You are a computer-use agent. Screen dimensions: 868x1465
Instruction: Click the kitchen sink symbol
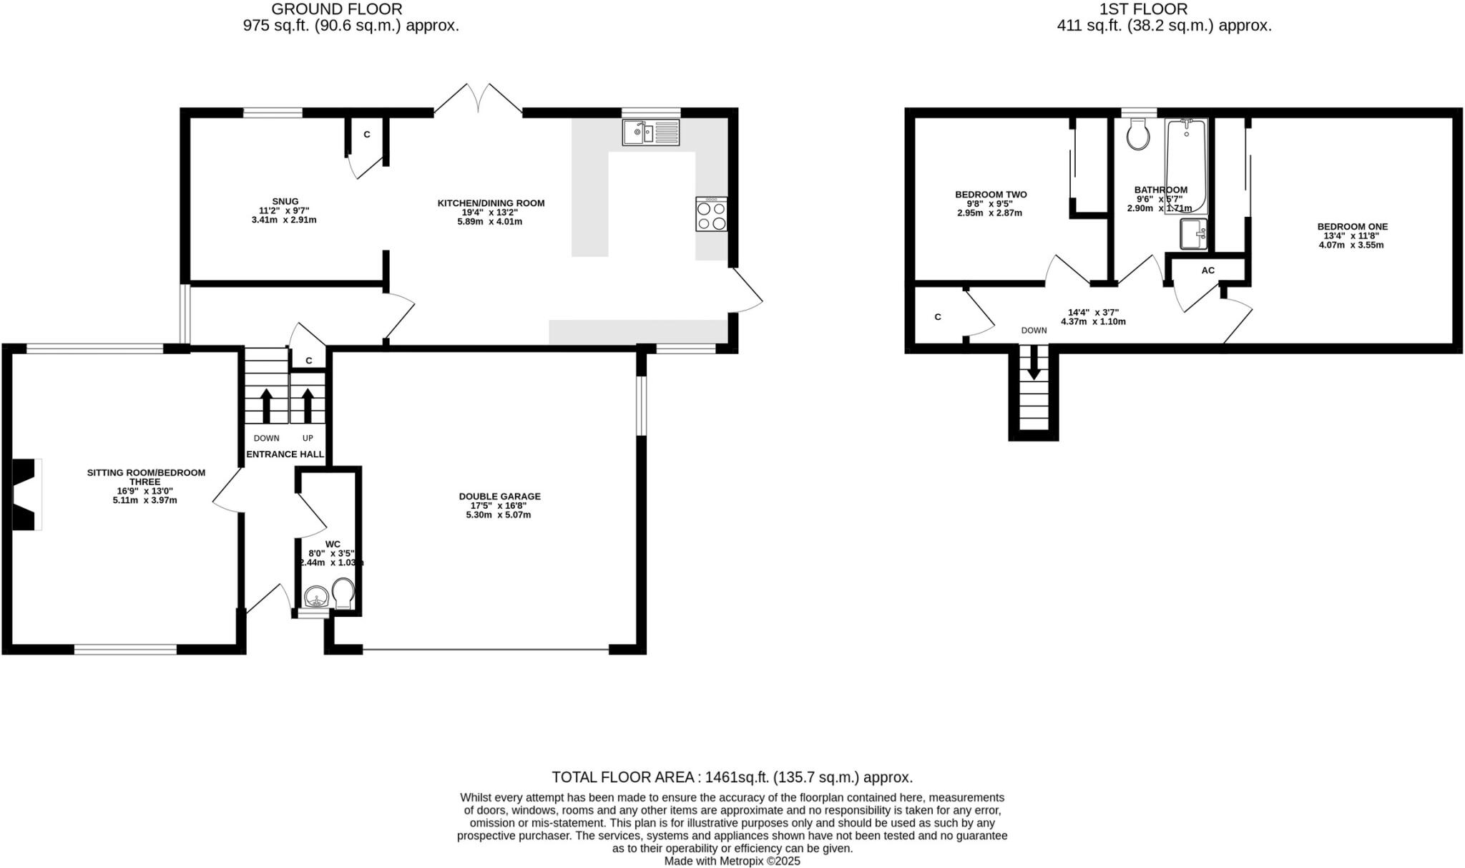point(650,132)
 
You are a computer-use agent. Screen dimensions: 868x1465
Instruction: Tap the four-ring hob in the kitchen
point(711,214)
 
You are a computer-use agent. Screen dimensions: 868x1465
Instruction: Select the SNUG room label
point(285,201)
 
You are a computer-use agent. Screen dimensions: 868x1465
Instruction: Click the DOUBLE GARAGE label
point(499,496)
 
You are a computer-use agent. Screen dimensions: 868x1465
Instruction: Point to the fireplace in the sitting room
point(26,494)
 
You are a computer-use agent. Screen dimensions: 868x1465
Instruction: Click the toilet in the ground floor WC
point(343,593)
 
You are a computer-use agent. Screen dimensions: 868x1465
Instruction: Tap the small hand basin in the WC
point(315,596)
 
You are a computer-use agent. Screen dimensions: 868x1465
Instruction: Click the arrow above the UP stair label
point(308,405)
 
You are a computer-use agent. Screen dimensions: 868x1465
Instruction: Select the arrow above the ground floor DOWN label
point(266,405)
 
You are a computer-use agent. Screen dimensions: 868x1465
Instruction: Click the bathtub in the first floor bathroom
point(1187,166)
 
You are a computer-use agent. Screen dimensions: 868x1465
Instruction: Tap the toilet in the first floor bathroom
point(1137,135)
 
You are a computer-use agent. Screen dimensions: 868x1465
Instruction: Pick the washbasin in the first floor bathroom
point(1193,234)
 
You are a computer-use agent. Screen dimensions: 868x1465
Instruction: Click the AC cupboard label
point(1207,270)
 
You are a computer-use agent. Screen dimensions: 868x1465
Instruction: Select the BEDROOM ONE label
point(1352,226)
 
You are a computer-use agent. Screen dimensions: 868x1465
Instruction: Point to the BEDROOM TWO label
point(991,194)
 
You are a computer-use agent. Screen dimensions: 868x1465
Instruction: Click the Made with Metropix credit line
point(732,861)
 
